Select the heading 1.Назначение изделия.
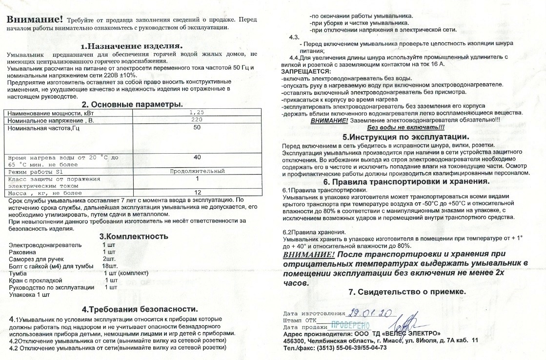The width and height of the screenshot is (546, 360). (x=132, y=46)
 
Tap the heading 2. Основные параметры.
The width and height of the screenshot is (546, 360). (x=132, y=104)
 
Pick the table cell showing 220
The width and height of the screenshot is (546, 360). (x=197, y=120)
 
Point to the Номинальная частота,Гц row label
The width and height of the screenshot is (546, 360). (x=44, y=128)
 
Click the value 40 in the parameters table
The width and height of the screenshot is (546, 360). (x=197, y=158)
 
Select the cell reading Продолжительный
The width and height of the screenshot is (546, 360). (x=197, y=172)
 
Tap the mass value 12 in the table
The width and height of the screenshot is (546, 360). (x=197, y=192)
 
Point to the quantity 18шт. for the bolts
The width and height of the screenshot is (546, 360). (x=111, y=266)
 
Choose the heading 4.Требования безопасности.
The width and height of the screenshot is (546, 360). (x=141, y=309)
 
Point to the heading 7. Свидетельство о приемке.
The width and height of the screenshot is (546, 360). (x=407, y=292)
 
